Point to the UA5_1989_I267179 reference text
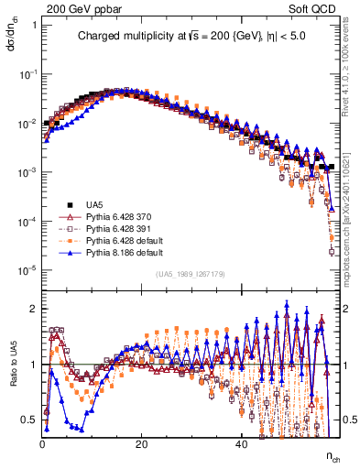tap(190, 274)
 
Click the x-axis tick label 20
tap(141, 444)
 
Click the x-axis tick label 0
tap(42, 444)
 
